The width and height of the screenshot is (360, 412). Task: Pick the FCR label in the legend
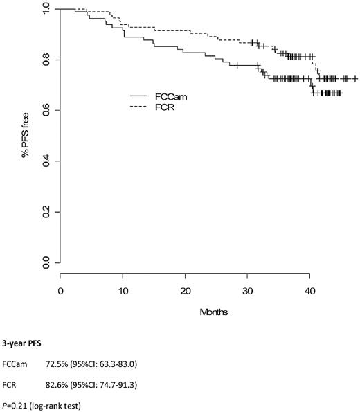pyautogui.click(x=166, y=106)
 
